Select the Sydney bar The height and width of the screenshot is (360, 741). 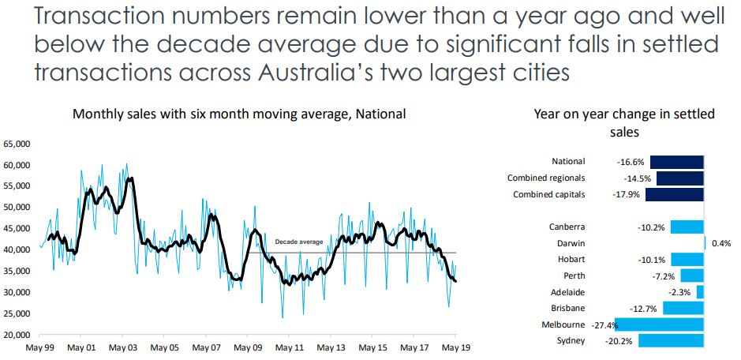click(x=671, y=341)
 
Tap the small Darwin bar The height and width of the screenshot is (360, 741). click(x=704, y=243)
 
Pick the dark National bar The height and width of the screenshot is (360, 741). click(x=676, y=162)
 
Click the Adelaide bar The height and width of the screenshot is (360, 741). click(x=700, y=292)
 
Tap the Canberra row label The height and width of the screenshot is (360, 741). click(x=567, y=227)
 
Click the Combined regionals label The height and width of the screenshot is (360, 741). click(x=546, y=178)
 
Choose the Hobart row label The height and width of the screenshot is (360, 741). click(x=571, y=259)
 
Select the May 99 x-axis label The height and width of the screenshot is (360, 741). click(x=39, y=347)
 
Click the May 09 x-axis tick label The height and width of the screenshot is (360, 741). click(x=247, y=347)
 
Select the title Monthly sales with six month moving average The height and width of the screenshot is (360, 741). click(x=239, y=114)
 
